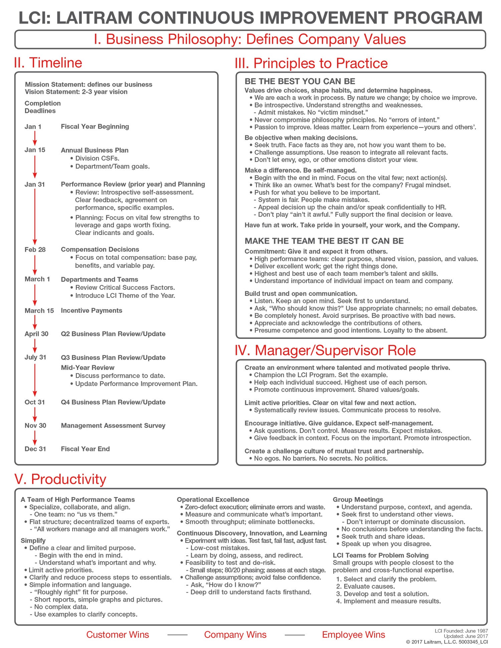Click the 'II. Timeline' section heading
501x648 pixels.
tap(48, 63)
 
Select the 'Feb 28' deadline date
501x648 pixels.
tap(35, 249)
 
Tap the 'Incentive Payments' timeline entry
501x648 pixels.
tap(92, 310)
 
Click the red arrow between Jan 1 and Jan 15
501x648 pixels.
tap(35, 138)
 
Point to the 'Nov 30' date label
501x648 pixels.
tap(35, 425)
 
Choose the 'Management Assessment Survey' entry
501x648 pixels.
tap(113, 425)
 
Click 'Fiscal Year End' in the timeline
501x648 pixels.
tap(85, 449)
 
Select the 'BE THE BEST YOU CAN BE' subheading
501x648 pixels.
tap(300, 81)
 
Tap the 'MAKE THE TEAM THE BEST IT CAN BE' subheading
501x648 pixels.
tap(324, 241)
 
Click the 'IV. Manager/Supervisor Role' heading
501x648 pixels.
tap(325, 350)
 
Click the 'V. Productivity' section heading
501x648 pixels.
tap(60, 479)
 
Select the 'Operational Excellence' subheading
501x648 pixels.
tap(213, 499)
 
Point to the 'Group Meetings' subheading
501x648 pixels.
tap(358, 499)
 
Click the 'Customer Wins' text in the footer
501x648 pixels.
tap(118, 635)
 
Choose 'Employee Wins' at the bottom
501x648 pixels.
tap(353, 635)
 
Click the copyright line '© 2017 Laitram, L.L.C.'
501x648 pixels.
tap(447, 642)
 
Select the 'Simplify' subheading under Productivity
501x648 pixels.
tap(33, 541)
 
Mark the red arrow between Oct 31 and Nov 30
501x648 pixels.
tap(35, 414)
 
